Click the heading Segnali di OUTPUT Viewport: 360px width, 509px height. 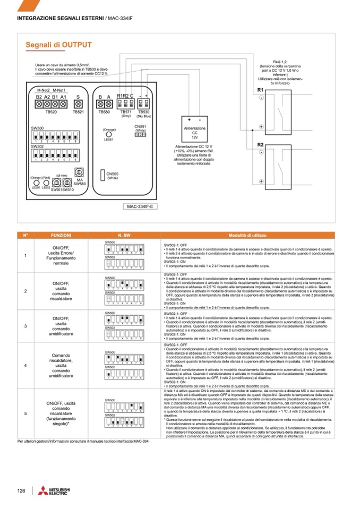58,45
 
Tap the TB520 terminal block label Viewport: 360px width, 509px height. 51,112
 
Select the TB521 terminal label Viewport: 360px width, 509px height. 78,112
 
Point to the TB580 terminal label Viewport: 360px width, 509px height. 104,112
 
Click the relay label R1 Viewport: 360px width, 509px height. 260,90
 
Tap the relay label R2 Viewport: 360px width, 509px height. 260,144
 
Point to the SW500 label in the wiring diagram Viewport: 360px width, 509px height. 38,128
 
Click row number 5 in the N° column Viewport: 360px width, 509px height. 25,413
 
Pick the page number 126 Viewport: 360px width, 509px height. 22,490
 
